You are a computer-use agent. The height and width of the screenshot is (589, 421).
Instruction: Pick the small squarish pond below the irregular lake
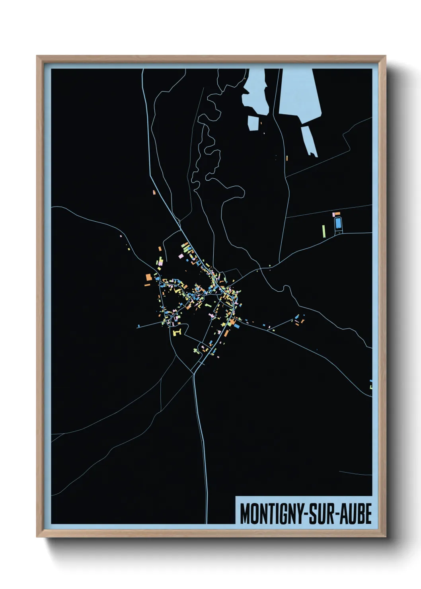click(x=253, y=123)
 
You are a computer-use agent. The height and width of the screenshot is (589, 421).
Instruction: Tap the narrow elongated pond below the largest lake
click(x=309, y=140)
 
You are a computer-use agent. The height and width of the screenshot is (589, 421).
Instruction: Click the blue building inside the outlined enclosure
click(x=338, y=223)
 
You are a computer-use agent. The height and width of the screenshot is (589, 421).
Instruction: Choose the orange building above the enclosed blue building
click(x=337, y=214)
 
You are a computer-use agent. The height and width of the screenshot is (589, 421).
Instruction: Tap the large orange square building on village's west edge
click(x=148, y=277)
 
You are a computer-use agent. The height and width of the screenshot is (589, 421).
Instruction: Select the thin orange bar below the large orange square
click(x=147, y=285)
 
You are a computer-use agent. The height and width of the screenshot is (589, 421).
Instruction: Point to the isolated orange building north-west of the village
click(x=154, y=192)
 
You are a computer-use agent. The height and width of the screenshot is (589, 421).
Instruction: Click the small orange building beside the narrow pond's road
click(x=287, y=158)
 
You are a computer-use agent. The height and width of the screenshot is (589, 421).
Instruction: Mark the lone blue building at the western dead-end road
click(x=138, y=326)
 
